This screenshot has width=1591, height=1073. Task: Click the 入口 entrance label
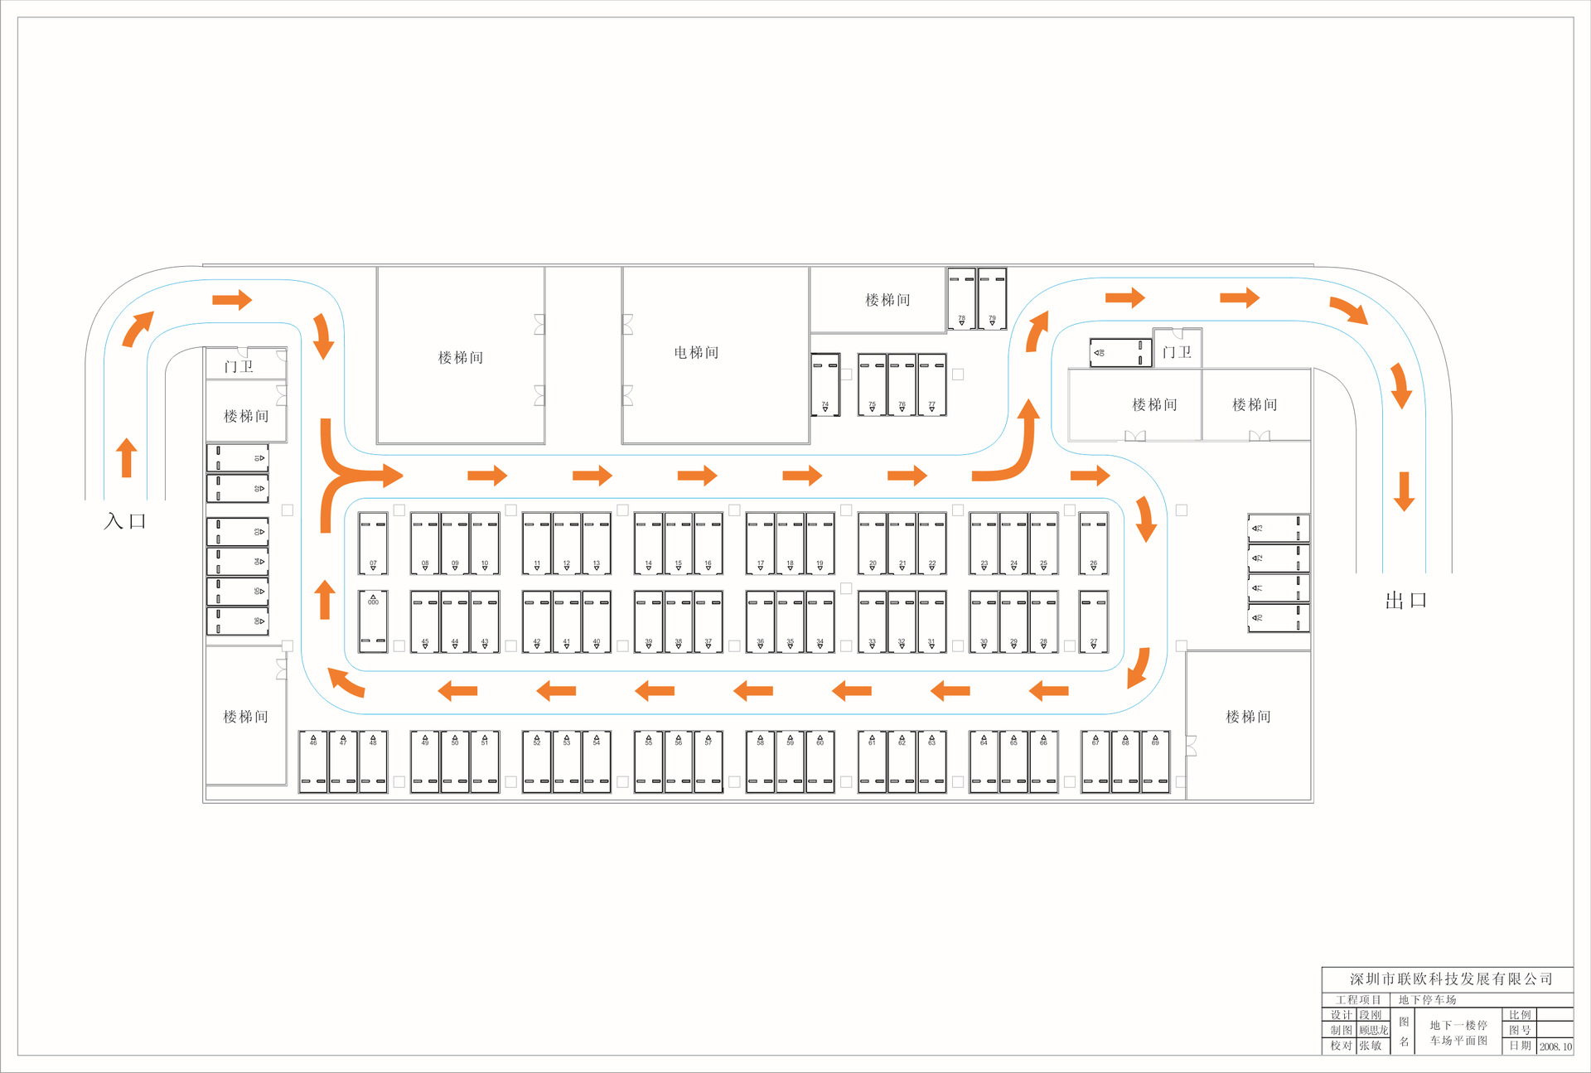(x=125, y=521)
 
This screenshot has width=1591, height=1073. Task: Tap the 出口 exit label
(x=1405, y=601)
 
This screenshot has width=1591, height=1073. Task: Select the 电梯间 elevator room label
(x=696, y=353)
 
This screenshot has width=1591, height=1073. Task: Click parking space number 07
(x=373, y=544)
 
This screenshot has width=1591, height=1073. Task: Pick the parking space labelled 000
(x=373, y=621)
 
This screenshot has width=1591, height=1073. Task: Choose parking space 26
(x=1093, y=544)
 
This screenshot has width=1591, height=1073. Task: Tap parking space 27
(x=1093, y=621)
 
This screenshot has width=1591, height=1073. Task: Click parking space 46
(x=313, y=761)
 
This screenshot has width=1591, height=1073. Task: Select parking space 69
(x=1155, y=761)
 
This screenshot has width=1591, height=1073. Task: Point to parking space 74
(x=825, y=384)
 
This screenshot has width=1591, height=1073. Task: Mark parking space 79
(x=992, y=298)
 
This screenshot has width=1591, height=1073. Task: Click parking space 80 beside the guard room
(x=1120, y=353)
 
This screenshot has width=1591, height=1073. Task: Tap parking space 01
(x=237, y=458)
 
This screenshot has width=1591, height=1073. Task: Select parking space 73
(x=1279, y=618)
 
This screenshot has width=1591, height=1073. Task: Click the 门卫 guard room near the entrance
(x=239, y=366)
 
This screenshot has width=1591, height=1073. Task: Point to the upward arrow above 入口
(x=127, y=458)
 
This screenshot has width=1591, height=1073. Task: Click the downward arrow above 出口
(x=1404, y=491)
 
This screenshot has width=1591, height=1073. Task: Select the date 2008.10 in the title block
(x=1555, y=1046)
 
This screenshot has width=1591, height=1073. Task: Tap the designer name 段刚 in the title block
(x=1371, y=1015)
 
